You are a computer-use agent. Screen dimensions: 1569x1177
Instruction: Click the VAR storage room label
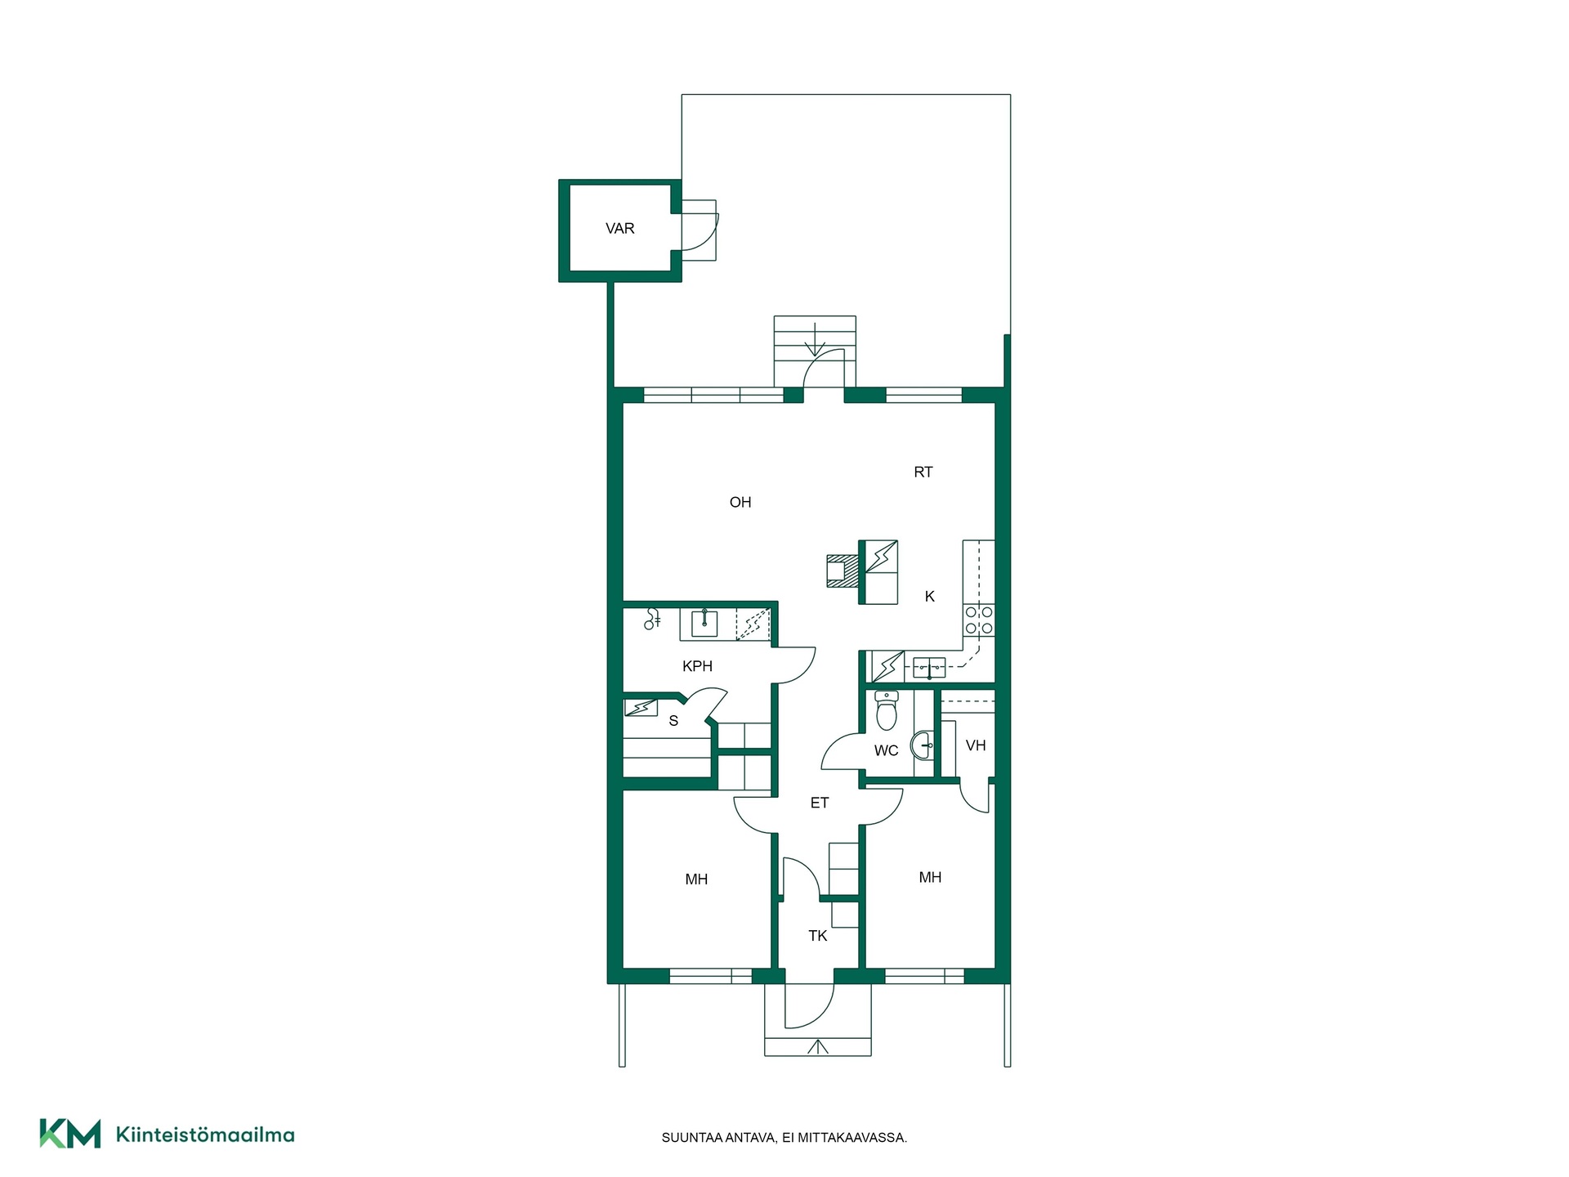(x=619, y=229)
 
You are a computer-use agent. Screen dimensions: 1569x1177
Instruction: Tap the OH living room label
(x=740, y=503)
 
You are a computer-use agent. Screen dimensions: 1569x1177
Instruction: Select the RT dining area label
(x=923, y=472)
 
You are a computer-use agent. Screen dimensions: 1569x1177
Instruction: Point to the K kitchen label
(x=930, y=597)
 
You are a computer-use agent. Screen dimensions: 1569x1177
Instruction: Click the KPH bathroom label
(x=697, y=666)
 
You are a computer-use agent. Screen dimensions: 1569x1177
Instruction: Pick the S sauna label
(x=673, y=721)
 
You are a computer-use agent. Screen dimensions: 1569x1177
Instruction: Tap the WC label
(x=886, y=751)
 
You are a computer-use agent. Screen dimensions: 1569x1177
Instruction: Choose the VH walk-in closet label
(x=976, y=745)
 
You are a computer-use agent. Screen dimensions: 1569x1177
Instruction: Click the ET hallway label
(x=820, y=803)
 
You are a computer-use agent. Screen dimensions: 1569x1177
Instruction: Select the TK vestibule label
(x=818, y=936)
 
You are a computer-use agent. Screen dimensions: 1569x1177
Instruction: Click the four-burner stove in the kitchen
(x=979, y=620)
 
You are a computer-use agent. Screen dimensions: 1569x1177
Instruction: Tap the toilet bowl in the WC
(x=886, y=710)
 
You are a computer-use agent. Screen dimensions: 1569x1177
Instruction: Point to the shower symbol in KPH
(x=652, y=620)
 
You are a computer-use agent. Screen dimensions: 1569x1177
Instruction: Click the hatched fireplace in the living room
(x=842, y=571)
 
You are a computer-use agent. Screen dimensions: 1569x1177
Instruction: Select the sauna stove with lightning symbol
(x=641, y=707)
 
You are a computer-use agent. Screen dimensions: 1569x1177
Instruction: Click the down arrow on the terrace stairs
(x=815, y=338)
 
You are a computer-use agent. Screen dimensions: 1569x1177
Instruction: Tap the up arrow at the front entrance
(x=817, y=1045)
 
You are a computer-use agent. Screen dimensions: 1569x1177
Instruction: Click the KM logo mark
(x=70, y=1134)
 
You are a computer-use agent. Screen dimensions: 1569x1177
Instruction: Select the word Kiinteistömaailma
(x=205, y=1134)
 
